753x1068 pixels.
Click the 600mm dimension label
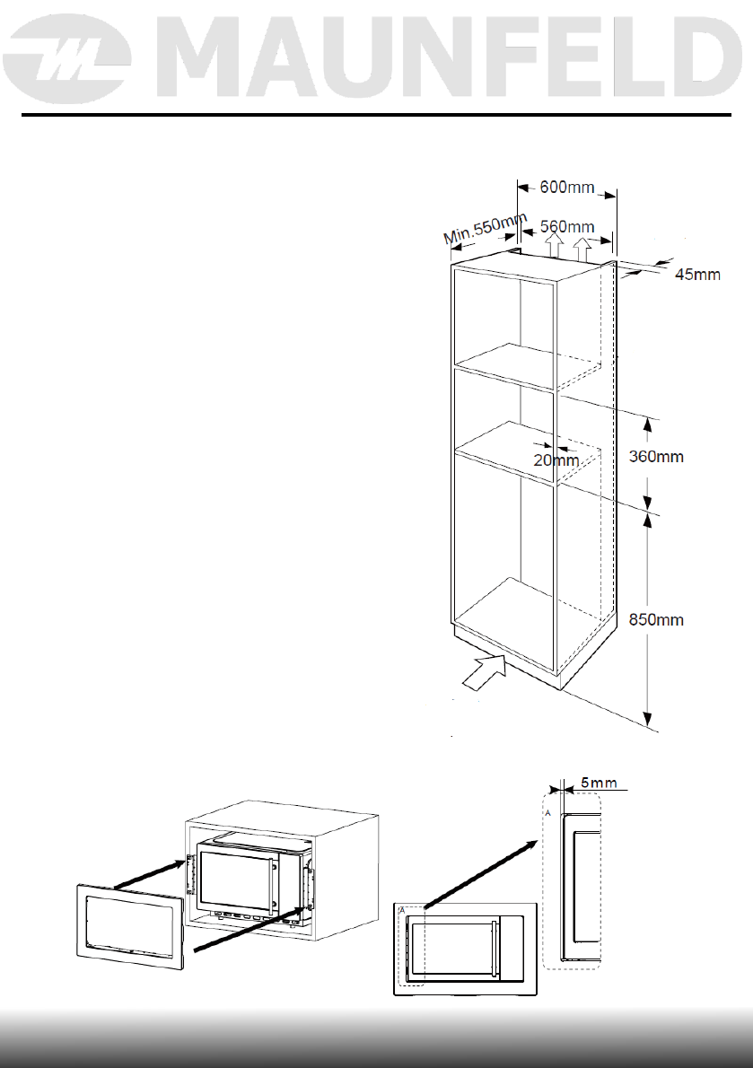[x=568, y=188]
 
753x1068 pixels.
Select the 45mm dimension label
[x=696, y=275]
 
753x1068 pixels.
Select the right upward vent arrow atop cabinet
[x=583, y=249]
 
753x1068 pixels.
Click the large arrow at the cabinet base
[x=484, y=672]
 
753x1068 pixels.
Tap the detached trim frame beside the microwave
[x=129, y=924]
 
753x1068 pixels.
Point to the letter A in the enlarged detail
[x=547, y=810]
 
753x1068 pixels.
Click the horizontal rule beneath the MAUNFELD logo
[x=376, y=115]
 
